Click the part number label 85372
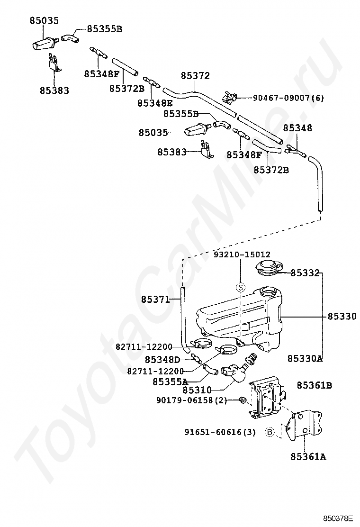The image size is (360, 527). pyautogui.click(x=195, y=76)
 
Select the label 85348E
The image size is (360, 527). pyautogui.click(x=155, y=103)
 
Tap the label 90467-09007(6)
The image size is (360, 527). pyautogui.click(x=288, y=98)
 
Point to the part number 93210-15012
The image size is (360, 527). pyautogui.click(x=241, y=254)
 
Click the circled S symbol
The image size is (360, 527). pyautogui.click(x=241, y=287)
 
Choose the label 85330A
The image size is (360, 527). pyautogui.click(x=305, y=358)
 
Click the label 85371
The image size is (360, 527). pyautogui.click(x=155, y=299)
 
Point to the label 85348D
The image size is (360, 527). pyautogui.click(x=162, y=360)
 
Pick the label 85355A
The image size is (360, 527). pyautogui.click(x=170, y=381)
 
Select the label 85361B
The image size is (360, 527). pyautogui.click(x=314, y=385)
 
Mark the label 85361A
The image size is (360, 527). pyautogui.click(x=308, y=457)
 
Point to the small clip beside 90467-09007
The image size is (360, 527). pyautogui.click(x=230, y=98)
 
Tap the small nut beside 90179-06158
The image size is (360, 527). pyautogui.click(x=242, y=400)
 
